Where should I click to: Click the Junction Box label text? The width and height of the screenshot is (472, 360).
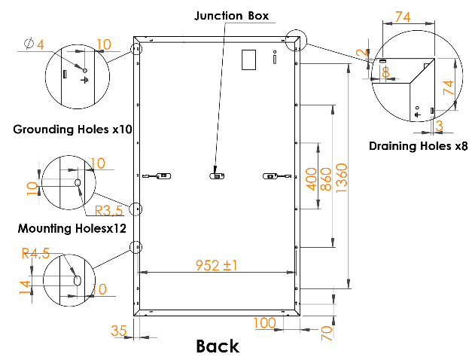pyautogui.click(x=231, y=16)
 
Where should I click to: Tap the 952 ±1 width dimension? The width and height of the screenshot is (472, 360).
pyautogui.click(x=216, y=265)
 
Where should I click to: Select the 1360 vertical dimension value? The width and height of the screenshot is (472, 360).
pyautogui.click(x=341, y=178)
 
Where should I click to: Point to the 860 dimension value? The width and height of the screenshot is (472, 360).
pyautogui.click(x=326, y=179)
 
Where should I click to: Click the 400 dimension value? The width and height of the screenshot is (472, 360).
pyautogui.click(x=311, y=179)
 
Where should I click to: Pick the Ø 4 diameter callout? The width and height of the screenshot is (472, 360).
pyautogui.click(x=34, y=44)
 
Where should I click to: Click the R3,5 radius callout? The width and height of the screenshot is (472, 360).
pyautogui.click(x=109, y=211)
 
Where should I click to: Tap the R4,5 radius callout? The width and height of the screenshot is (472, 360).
pyautogui.click(x=35, y=253)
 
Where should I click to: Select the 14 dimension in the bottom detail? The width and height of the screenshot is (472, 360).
pyautogui.click(x=25, y=287)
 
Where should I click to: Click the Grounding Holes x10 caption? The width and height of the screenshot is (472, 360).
pyautogui.click(x=72, y=130)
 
